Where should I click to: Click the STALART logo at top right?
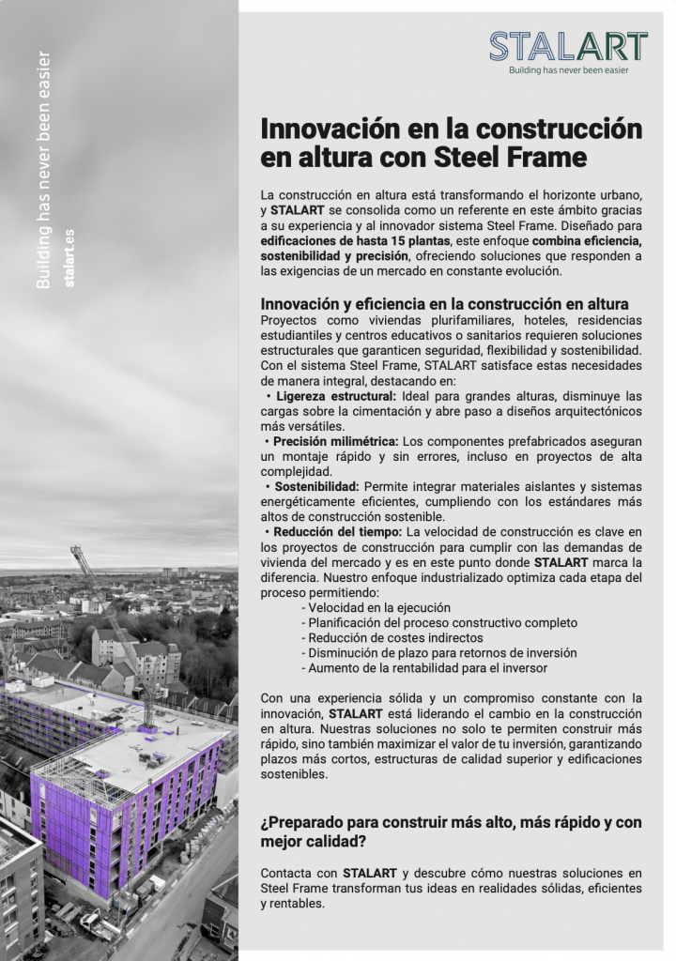568,46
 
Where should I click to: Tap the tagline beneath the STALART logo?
568,69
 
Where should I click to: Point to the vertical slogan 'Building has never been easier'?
43,169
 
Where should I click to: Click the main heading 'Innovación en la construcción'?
451,128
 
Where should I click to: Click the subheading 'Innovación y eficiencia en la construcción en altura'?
444,304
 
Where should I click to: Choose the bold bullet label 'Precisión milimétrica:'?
335,441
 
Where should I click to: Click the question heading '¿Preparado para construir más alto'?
451,822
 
